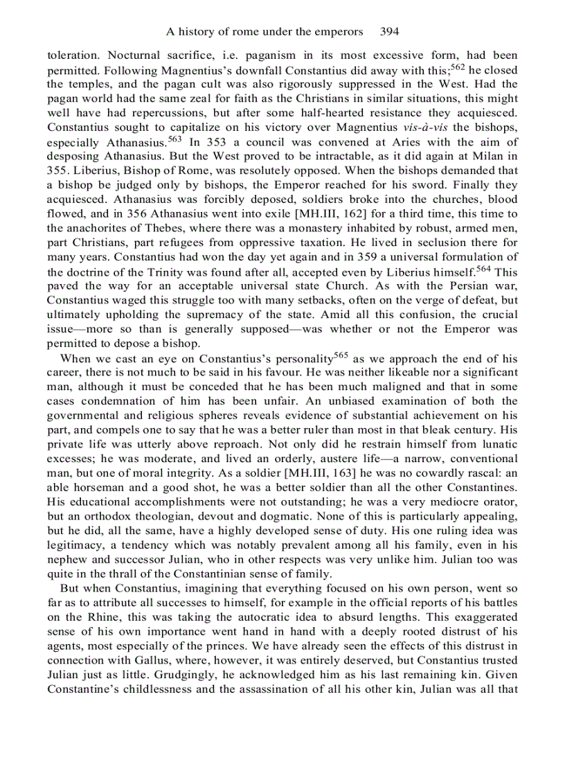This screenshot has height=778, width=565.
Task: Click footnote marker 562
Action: (x=458, y=67)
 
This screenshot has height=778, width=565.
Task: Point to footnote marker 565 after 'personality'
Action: (x=340, y=355)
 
